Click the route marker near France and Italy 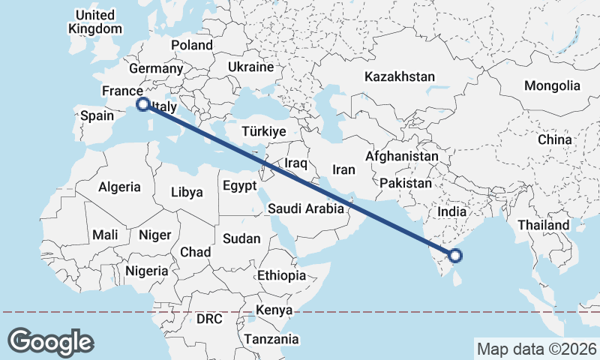(x=142, y=104)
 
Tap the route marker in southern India (x=455, y=256)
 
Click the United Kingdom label (x=94, y=22)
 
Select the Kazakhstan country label (x=399, y=76)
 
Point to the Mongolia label (x=552, y=85)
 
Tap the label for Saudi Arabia (x=306, y=209)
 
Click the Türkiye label (x=263, y=131)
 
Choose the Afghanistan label (x=401, y=157)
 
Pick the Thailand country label (x=544, y=224)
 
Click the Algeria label (x=120, y=187)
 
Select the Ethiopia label (x=281, y=275)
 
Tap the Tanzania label (x=271, y=339)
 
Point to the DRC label (x=210, y=319)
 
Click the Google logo (x=51, y=342)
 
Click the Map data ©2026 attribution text (x=536, y=349)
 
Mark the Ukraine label (x=250, y=67)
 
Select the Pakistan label (x=406, y=183)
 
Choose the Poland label (x=192, y=45)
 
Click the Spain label (x=97, y=115)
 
